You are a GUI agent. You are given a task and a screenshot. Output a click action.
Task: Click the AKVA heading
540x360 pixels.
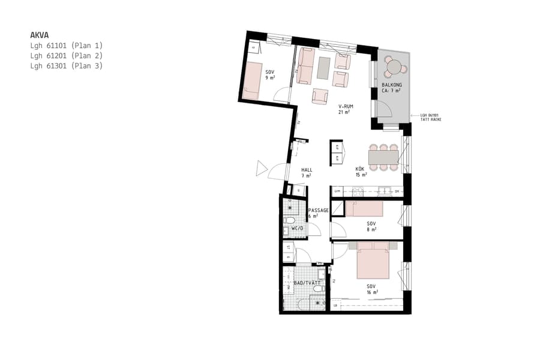click(39, 35)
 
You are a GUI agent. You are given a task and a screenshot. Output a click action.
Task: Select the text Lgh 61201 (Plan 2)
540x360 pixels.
click(66, 55)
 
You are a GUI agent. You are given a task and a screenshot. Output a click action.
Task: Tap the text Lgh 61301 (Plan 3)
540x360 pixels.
click(66, 66)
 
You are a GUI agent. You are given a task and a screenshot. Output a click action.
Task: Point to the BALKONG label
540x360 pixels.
click(392, 86)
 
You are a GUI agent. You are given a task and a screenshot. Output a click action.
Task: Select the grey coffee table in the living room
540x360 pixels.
click(324, 67)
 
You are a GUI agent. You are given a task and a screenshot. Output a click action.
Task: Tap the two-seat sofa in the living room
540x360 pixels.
click(305, 66)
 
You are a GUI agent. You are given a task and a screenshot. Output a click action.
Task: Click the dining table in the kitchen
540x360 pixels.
click(383, 157)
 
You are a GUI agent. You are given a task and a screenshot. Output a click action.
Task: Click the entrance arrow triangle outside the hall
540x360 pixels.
click(261, 169)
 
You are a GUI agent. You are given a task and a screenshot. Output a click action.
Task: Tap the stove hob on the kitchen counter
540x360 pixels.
click(358, 192)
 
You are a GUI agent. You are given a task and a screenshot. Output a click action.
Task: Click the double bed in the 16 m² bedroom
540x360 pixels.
click(374, 261)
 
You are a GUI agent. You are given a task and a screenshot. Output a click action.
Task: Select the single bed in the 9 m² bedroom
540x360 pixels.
click(253, 80)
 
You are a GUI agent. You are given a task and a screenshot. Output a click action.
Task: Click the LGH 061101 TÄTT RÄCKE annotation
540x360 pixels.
click(431, 118)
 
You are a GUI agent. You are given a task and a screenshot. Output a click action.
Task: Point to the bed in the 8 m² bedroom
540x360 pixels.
click(364, 208)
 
